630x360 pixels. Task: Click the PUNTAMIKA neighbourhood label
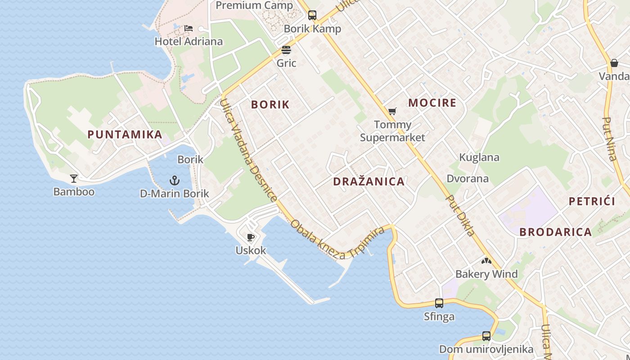point(125,134)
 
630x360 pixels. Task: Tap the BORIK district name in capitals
point(270,104)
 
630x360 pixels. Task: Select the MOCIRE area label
point(432,103)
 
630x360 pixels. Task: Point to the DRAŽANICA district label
point(369,181)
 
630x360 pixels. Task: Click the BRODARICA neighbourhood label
point(555,232)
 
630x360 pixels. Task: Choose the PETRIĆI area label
point(591,201)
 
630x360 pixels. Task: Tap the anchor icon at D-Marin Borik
point(174,181)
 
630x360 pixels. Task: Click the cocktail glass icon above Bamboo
point(74,179)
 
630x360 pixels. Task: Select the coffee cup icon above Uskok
point(251,237)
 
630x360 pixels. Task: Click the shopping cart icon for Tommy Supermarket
point(392,111)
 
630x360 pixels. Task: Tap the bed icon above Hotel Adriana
point(189,28)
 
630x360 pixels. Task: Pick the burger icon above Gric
point(286,49)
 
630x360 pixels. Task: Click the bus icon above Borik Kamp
point(312,15)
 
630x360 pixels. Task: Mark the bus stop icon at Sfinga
point(439,303)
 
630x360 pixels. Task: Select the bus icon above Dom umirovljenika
point(486,336)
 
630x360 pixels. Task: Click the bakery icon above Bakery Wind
point(486,261)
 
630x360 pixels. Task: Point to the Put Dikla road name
point(460,215)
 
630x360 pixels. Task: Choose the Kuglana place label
point(479,157)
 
